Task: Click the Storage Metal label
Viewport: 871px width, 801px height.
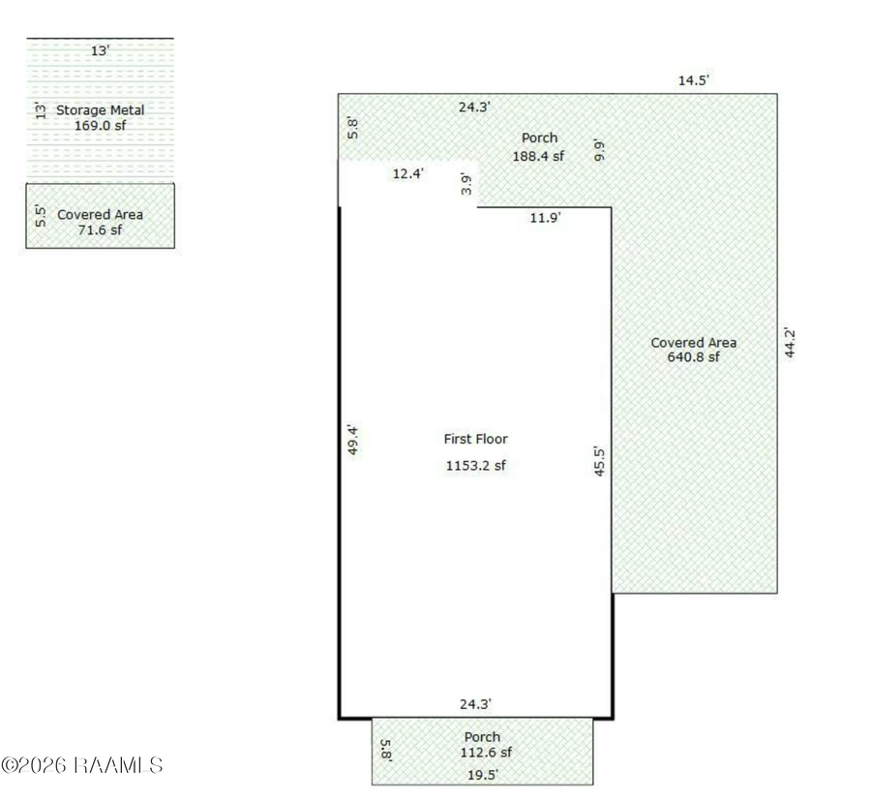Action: click(100, 110)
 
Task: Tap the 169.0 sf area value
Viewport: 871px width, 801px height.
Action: click(100, 126)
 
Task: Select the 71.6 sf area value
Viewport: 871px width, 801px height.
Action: click(100, 230)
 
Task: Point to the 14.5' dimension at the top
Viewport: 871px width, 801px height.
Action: click(693, 80)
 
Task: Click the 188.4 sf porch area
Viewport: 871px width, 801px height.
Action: click(538, 156)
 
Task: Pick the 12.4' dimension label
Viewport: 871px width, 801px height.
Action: click(408, 173)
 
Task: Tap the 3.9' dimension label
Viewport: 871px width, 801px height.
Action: click(466, 184)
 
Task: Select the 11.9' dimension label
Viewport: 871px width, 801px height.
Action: click(545, 217)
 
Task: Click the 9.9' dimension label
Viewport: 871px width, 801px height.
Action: click(599, 150)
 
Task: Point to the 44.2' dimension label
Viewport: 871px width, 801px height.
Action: click(790, 343)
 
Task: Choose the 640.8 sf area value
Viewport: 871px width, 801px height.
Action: click(693, 356)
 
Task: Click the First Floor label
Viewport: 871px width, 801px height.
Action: click(475, 439)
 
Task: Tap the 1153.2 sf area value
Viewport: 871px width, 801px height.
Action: click(475, 465)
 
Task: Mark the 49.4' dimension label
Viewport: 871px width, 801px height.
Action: click(352, 440)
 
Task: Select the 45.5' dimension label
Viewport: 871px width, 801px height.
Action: click(599, 461)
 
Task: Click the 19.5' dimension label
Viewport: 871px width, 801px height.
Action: click(483, 774)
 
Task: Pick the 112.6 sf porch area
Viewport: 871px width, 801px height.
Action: click(486, 752)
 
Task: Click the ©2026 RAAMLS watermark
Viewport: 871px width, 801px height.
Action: click(81, 765)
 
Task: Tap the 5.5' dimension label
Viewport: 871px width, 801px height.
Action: click(40, 216)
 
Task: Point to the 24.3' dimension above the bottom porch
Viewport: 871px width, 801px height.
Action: click(475, 704)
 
